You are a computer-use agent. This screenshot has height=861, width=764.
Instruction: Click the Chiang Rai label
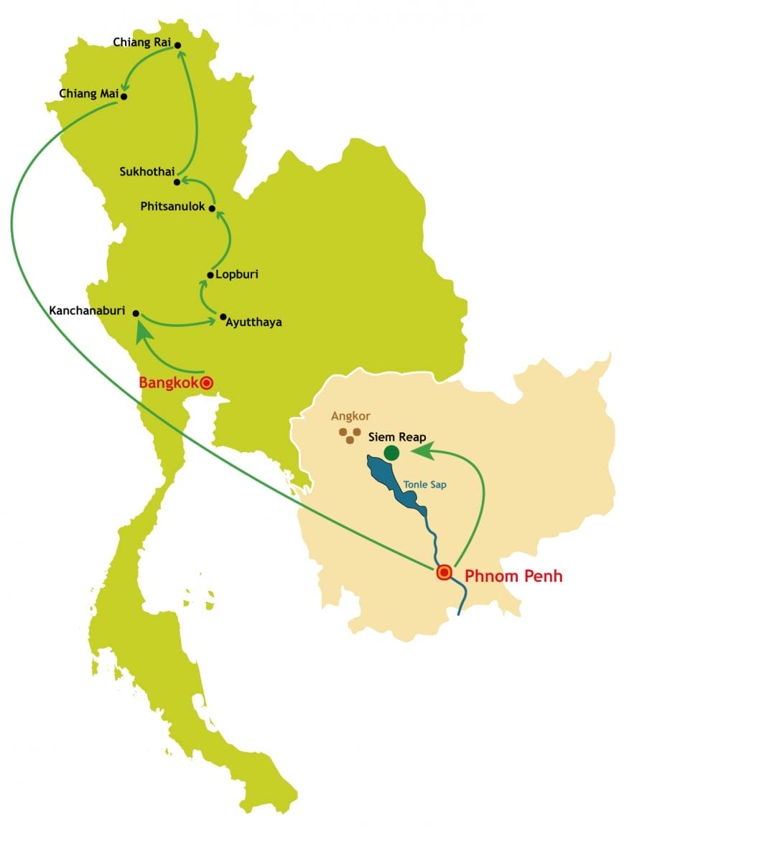[x=141, y=42]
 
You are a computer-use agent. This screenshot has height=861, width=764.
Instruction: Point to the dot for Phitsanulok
[x=212, y=209]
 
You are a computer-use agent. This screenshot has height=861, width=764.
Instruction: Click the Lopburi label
[x=236, y=274]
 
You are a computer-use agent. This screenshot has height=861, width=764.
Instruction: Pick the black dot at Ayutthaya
[x=223, y=316]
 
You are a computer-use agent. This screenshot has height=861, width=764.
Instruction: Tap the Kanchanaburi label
[x=87, y=311]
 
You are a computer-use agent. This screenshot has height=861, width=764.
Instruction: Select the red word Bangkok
[x=168, y=383]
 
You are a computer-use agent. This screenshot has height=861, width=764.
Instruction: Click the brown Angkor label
[x=350, y=416]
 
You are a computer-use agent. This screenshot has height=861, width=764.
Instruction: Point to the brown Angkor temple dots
[x=350, y=436]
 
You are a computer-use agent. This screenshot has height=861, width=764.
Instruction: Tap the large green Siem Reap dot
[x=391, y=453]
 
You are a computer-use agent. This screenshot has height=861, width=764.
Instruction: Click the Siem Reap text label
[x=396, y=437]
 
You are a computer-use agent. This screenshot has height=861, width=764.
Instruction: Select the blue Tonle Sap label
[x=425, y=485]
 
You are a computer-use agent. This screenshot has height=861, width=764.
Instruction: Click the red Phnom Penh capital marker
[x=444, y=573]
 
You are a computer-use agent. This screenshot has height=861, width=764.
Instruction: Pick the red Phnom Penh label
[x=513, y=575]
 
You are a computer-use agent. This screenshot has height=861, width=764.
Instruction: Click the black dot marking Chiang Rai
[x=178, y=45]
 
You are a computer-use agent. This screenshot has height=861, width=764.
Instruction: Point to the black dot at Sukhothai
[x=177, y=182]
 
